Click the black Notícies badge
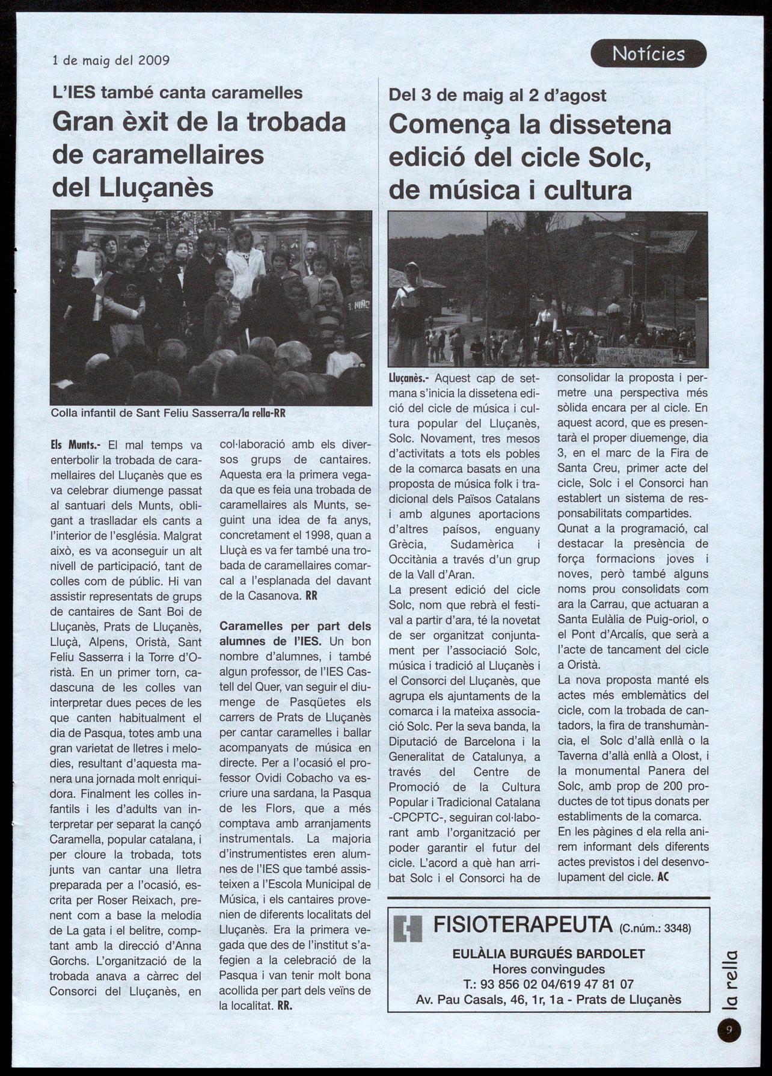coord(648,54)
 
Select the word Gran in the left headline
coord(78,123)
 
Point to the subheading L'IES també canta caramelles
coord(177,93)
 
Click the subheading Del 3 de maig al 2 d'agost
coord(497,95)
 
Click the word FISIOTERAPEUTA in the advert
coord(522,924)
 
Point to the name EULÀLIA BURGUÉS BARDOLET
coord(548,953)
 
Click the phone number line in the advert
coord(548,984)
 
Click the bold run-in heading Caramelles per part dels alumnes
coord(295,634)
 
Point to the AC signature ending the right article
coord(664,877)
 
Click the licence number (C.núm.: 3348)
coord(655,927)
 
